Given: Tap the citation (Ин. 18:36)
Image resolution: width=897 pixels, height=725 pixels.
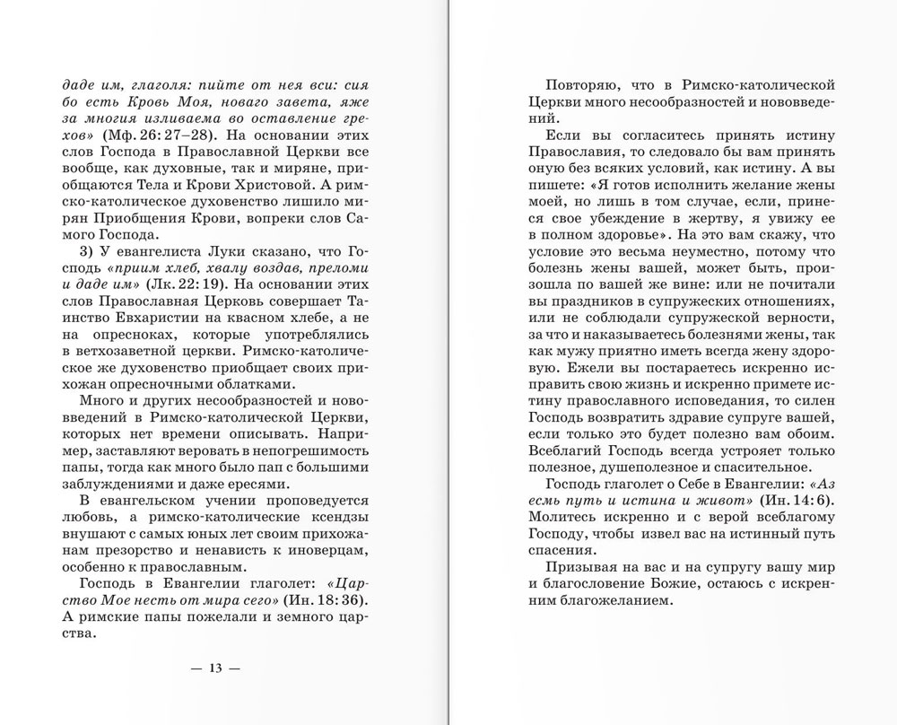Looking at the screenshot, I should coord(325,598).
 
